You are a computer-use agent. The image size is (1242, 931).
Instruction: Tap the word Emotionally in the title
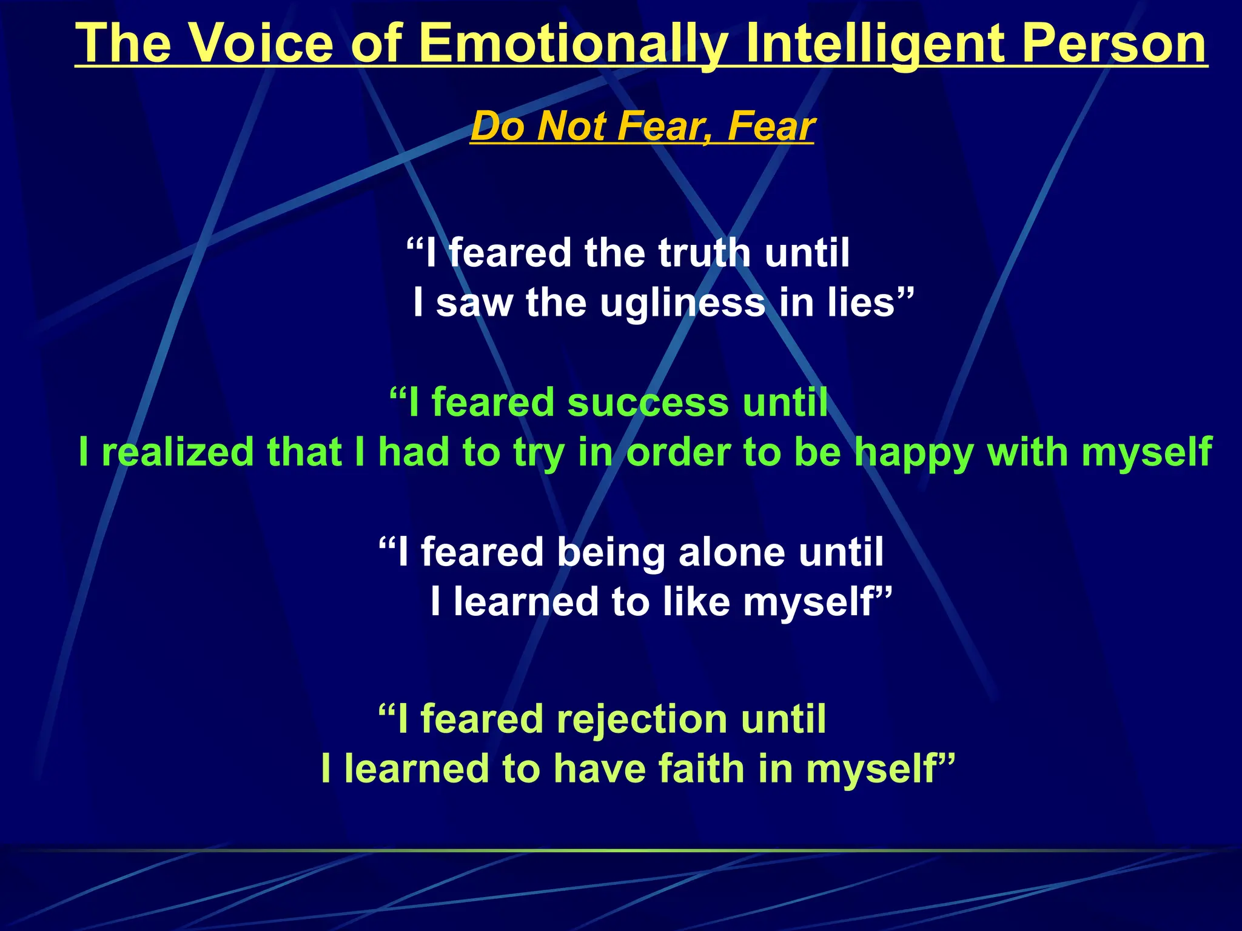(573, 44)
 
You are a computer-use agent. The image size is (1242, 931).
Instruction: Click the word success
(647, 402)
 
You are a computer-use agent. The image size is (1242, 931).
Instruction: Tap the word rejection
(642, 720)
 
